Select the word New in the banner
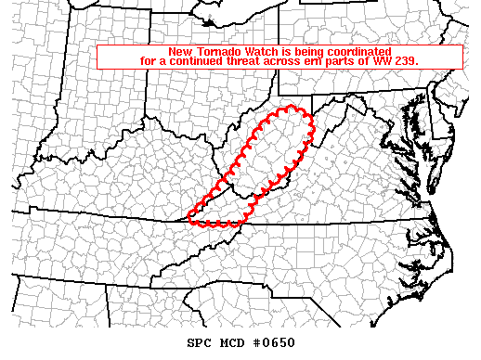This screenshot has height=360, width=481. (179, 50)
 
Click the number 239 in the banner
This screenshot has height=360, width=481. (407, 60)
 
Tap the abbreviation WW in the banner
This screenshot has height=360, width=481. (382, 60)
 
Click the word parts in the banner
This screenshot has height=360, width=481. (343, 60)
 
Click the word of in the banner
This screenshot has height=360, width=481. (364, 60)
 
